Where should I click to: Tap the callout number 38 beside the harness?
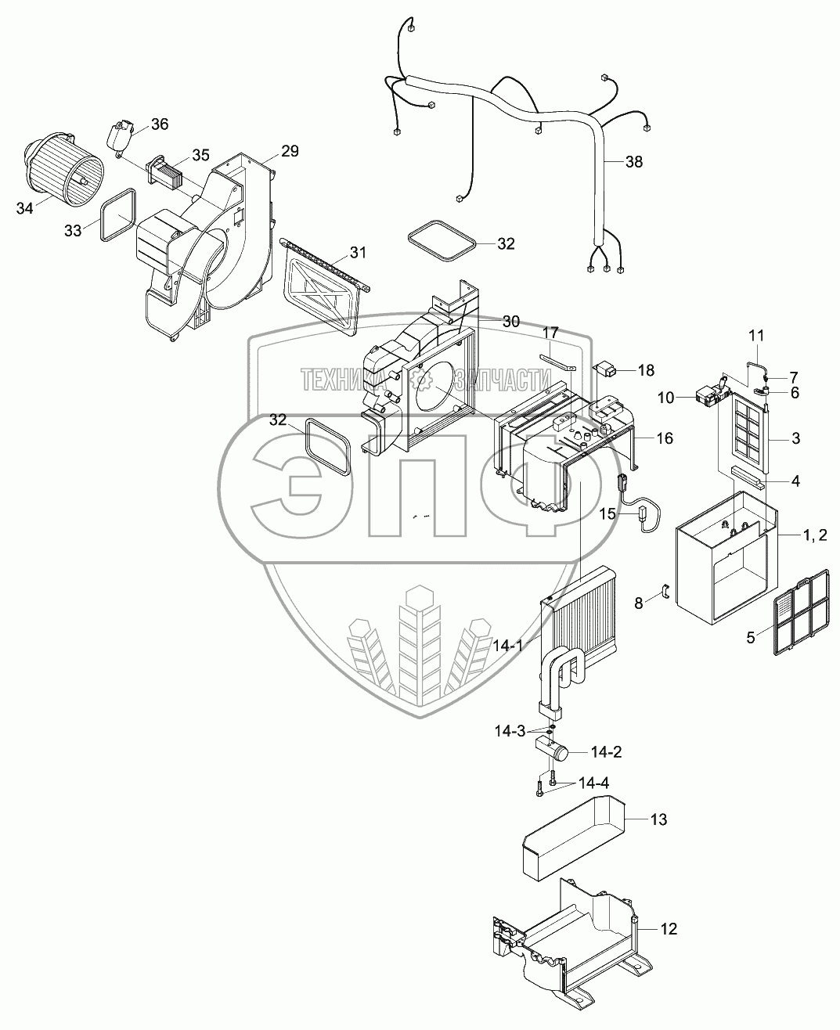[633, 162]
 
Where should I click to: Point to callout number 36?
[159, 124]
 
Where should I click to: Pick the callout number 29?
[290, 151]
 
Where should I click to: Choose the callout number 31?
[358, 252]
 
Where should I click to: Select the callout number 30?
[510, 321]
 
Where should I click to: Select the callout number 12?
[667, 929]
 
